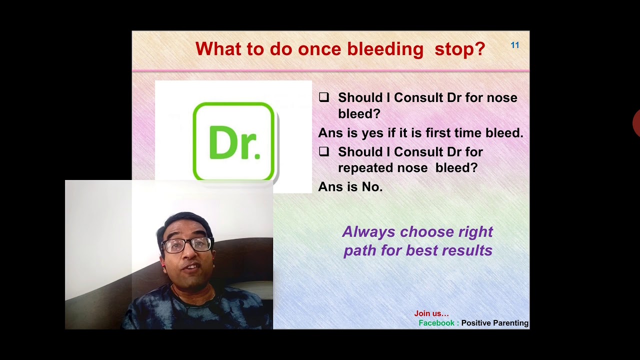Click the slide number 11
(x=514, y=45)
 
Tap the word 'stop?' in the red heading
(x=459, y=49)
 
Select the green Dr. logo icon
(x=233, y=141)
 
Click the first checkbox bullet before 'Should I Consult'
(x=324, y=97)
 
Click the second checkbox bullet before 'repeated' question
(x=324, y=151)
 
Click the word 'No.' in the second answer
(x=372, y=187)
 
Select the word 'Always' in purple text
(x=368, y=232)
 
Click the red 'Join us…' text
(x=431, y=313)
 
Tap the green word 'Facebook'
(x=436, y=323)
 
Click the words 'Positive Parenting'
(x=494, y=323)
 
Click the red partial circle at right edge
(x=636, y=123)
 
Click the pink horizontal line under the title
(x=330, y=71)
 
